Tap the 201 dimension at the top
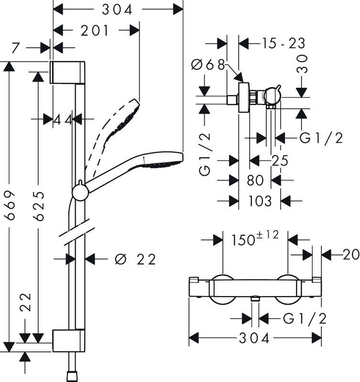(x=94, y=31)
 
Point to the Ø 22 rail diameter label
(x=136, y=259)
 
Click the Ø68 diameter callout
(x=208, y=64)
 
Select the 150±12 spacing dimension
(x=254, y=239)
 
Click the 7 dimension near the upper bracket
(x=15, y=48)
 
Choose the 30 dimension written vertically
(x=302, y=64)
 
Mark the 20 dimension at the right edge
(x=350, y=255)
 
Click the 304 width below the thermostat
(x=255, y=338)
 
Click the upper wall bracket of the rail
(x=68, y=72)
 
